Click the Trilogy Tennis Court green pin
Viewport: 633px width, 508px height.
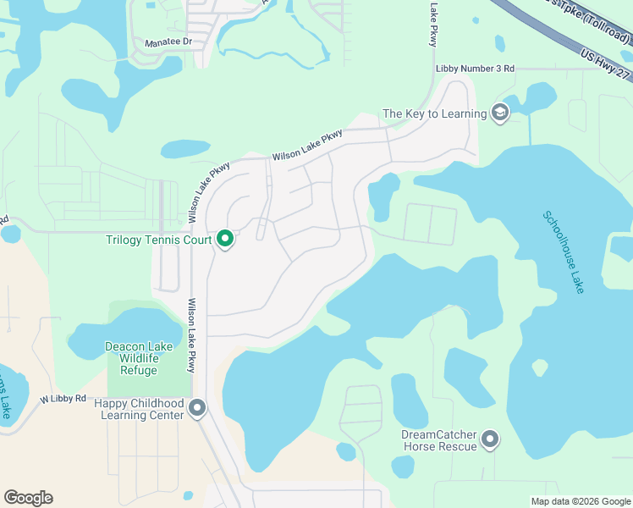(x=225, y=240)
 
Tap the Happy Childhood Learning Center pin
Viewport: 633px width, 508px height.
(x=197, y=409)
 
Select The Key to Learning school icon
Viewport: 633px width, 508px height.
(x=500, y=113)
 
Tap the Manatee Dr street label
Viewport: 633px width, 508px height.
(x=168, y=41)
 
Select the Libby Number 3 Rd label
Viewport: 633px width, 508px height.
(x=475, y=69)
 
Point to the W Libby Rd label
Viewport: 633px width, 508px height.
(x=63, y=398)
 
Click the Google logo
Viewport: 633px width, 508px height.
(x=28, y=498)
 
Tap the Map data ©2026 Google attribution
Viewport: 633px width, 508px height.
(x=581, y=500)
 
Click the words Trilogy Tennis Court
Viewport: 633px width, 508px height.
(x=158, y=240)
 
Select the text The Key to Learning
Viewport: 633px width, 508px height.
(x=435, y=113)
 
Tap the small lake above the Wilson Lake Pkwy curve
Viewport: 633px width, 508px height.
(x=185, y=149)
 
